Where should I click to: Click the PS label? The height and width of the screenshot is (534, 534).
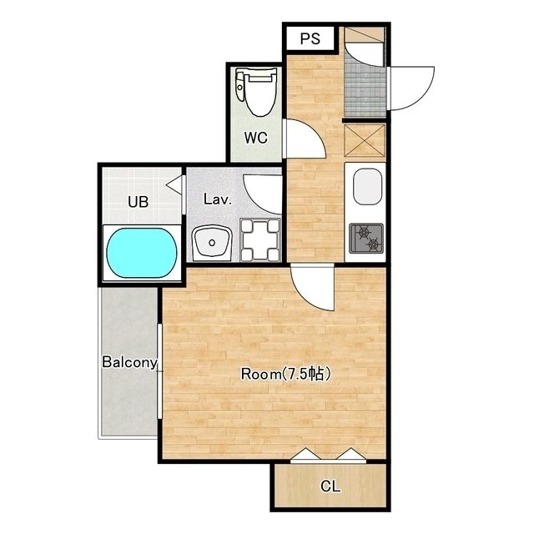[310, 38]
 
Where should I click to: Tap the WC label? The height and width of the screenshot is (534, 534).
[255, 138]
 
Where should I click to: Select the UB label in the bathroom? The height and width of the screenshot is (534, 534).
[139, 202]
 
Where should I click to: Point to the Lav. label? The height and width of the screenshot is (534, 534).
[218, 199]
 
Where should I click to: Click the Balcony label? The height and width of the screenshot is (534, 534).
[130, 362]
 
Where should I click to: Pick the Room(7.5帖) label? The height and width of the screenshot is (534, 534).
[285, 374]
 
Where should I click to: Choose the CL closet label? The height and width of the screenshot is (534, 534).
[330, 486]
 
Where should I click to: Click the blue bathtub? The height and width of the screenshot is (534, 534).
[142, 253]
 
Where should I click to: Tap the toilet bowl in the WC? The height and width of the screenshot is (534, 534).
[261, 92]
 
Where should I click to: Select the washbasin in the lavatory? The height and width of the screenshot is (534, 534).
[212, 243]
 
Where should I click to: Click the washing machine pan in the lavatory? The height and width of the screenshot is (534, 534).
[259, 239]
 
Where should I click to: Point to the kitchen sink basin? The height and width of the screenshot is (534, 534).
[367, 187]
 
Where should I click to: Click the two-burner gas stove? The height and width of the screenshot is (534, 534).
[366, 239]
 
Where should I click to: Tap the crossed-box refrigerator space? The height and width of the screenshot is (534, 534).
[365, 141]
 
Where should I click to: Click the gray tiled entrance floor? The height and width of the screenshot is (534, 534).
[365, 90]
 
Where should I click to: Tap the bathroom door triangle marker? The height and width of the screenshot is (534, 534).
[174, 184]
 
